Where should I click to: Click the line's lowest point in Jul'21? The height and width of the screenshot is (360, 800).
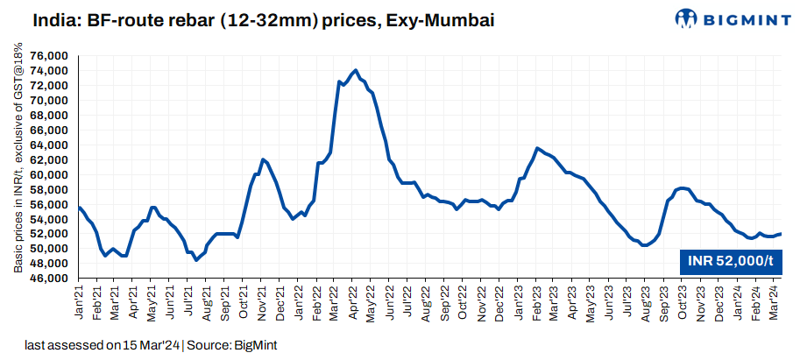coord(196,260)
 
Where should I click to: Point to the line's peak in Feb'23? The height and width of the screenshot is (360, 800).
coord(537,148)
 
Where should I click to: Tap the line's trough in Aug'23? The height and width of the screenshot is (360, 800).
coord(646,245)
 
